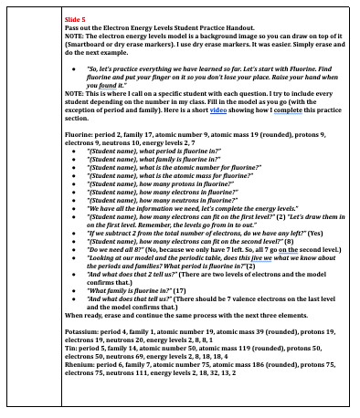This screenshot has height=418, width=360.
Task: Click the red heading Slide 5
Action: (x=76, y=17)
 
